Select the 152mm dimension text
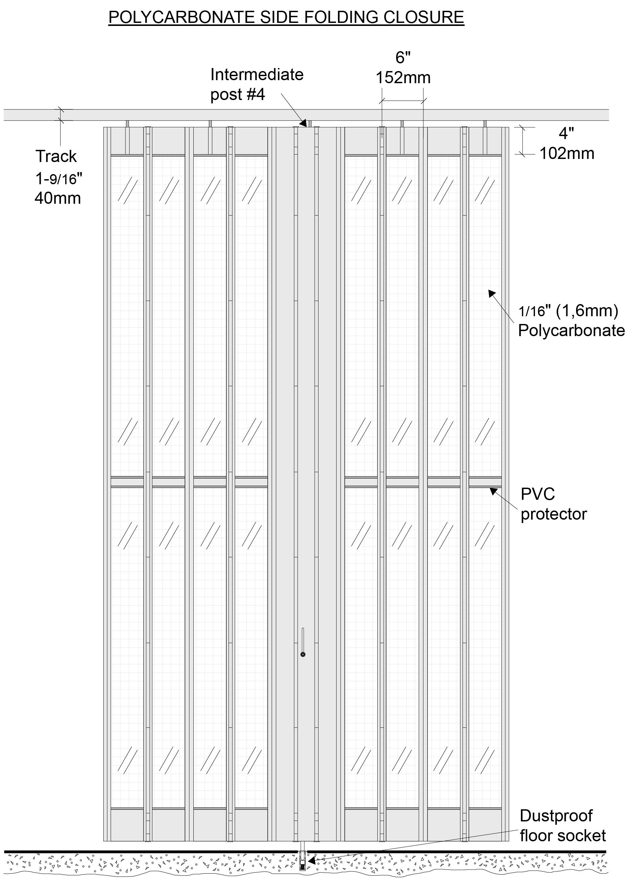click(x=403, y=77)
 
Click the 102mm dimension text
click(x=567, y=154)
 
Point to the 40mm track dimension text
click(x=58, y=198)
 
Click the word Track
click(x=56, y=156)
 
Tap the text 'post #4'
click(x=237, y=94)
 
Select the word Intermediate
click(x=257, y=74)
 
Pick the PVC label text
click(x=537, y=494)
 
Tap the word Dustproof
click(x=556, y=816)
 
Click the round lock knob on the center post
click(x=303, y=655)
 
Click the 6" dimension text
click(x=403, y=58)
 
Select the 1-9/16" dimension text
click(x=59, y=178)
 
